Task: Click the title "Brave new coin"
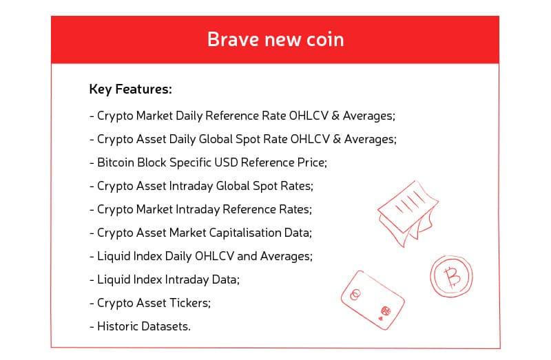tap(275, 39)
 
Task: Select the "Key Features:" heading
tap(130, 89)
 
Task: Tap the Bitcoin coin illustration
tap(451, 278)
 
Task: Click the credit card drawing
tap(371, 298)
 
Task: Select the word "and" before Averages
tap(247, 256)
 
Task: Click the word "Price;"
tap(311, 162)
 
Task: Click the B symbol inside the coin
tap(452, 278)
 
